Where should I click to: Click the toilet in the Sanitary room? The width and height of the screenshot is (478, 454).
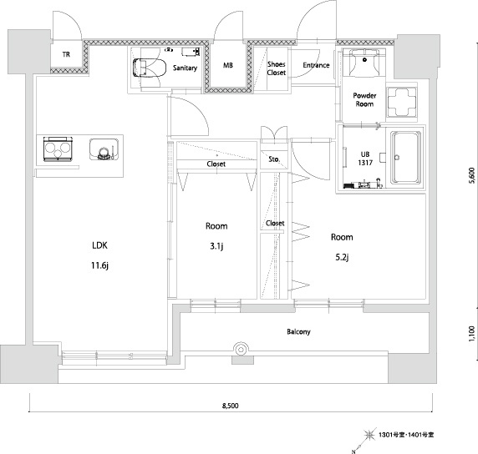point(150,68)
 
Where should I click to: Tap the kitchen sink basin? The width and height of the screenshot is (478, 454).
point(104,149)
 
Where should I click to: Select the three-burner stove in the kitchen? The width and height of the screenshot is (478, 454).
point(58,149)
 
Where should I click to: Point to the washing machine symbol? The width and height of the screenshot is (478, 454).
point(401,102)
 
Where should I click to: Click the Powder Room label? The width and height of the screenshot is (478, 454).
point(364,99)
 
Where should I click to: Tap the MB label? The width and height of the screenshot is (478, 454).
point(228,65)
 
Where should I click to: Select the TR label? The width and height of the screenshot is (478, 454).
point(66,54)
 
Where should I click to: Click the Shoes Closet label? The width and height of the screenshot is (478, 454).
point(277,68)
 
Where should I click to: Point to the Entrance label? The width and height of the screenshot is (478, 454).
point(316,65)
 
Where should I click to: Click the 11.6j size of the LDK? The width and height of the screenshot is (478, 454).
point(100,265)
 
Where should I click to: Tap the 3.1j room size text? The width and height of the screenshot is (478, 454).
point(216,246)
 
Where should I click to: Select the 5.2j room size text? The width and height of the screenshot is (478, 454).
point(342,257)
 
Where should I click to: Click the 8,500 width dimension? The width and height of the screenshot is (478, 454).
point(230,406)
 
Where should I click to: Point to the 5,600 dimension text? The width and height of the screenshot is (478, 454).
point(472,175)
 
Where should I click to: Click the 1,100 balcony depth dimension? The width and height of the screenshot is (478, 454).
point(471,334)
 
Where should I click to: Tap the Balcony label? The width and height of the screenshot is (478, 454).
point(298,331)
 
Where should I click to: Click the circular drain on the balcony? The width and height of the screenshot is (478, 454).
point(241,349)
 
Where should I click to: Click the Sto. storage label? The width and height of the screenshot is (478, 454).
point(274,159)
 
